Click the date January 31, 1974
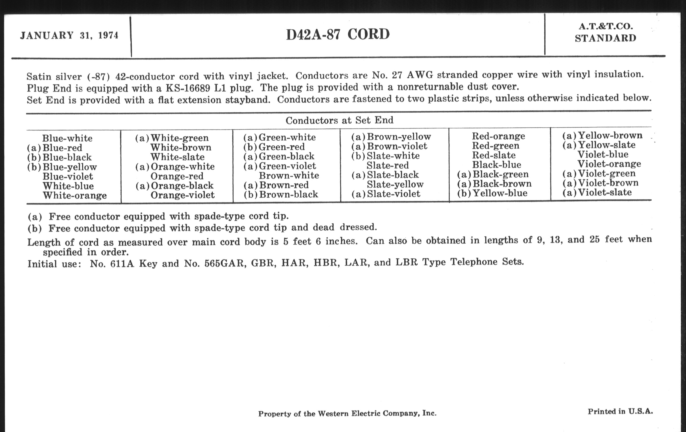(69, 36)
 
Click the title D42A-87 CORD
(338, 34)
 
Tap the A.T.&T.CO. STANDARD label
(605, 32)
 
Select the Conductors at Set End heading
(339, 120)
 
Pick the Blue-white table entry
(67, 138)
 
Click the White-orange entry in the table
(75, 196)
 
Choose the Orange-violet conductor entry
(182, 195)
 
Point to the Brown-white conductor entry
(289, 175)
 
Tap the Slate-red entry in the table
(388, 165)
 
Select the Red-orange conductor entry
(498, 136)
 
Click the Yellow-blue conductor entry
(500, 193)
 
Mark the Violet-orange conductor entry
(609, 164)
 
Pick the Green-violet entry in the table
(287, 166)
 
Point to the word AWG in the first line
(420, 75)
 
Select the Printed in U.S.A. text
(620, 411)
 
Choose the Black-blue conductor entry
(496, 165)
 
